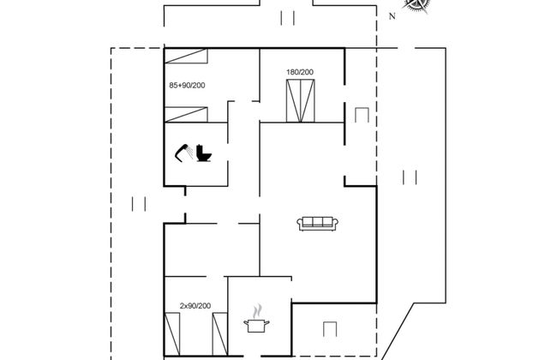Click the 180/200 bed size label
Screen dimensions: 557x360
pyautogui.click(x=300, y=72)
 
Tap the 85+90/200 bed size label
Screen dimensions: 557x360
pyautogui.click(x=187, y=86)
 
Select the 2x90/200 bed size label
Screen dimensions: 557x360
pyautogui.click(x=195, y=306)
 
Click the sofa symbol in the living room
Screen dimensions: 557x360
pyautogui.click(x=317, y=224)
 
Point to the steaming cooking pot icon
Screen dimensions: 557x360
pyautogui.click(x=256, y=318)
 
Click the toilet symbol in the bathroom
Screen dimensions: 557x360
pyautogui.click(x=204, y=153)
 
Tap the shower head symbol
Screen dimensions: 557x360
pyautogui.click(x=184, y=153)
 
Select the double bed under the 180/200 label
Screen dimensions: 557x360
pyautogui.click(x=301, y=101)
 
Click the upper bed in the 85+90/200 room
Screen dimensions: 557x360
pyautogui.click(x=186, y=57)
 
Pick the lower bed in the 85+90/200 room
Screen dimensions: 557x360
pyautogui.click(x=186, y=115)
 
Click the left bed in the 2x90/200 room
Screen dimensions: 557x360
pyautogui.click(x=172, y=334)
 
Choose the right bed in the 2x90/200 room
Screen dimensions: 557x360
pyautogui.click(x=220, y=334)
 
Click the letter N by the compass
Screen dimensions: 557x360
pyautogui.click(x=392, y=16)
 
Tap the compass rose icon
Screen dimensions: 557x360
pyautogui.click(x=416, y=4)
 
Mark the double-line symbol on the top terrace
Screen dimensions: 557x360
pyautogui.click(x=287, y=18)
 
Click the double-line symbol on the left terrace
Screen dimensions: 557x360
pyautogui.click(x=139, y=204)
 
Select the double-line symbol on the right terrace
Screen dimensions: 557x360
pyautogui.click(x=410, y=177)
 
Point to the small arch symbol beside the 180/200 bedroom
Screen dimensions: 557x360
pyautogui.click(x=362, y=115)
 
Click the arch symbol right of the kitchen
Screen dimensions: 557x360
pyautogui.click(x=330, y=329)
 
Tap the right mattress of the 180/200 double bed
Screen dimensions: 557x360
pyautogui.click(x=308, y=101)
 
